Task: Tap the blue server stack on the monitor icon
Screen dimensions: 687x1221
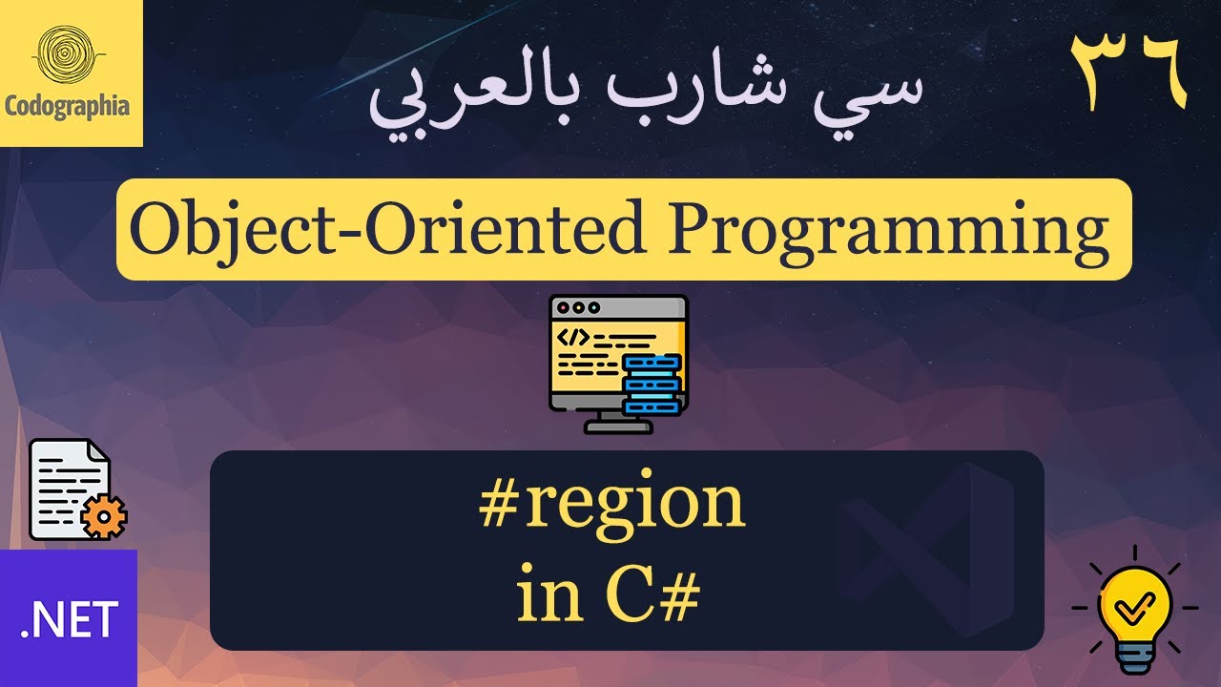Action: [652, 384]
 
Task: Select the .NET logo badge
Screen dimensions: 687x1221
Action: [69, 617]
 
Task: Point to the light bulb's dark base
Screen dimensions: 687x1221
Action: [1135, 657]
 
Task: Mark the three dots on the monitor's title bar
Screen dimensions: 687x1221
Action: [579, 308]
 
